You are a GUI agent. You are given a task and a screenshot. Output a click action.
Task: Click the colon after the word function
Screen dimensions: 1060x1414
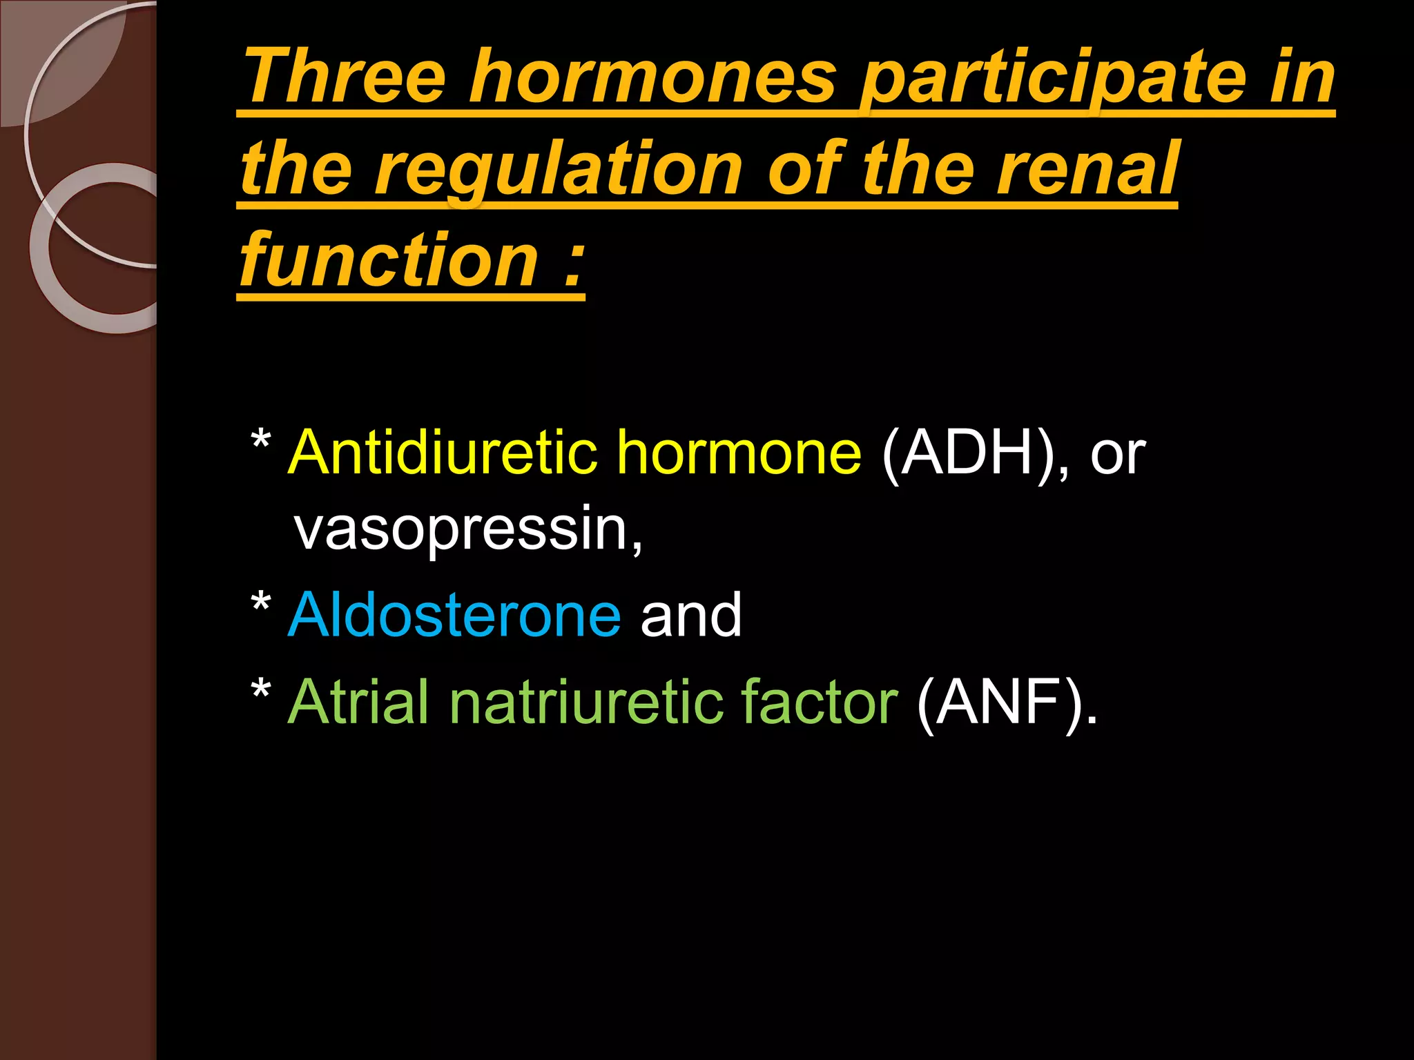click(572, 266)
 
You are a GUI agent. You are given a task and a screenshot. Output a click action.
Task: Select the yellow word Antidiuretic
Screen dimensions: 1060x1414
click(443, 453)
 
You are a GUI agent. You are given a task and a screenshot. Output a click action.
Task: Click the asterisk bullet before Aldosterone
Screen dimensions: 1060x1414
click(260, 603)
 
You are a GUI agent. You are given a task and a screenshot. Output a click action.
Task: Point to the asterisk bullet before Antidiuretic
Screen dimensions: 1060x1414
click(260, 440)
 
